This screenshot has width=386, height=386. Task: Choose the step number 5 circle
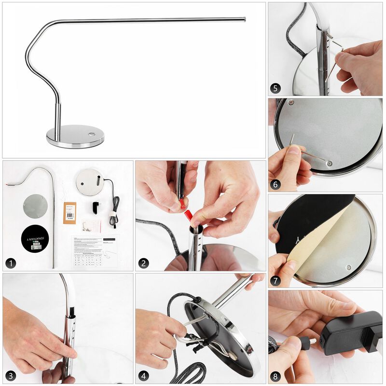point(276,88)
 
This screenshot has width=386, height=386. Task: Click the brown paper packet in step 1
point(70,212)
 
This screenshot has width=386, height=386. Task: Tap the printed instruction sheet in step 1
point(94,251)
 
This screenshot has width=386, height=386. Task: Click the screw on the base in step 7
point(349,267)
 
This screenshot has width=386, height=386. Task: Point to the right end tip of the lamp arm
point(244,19)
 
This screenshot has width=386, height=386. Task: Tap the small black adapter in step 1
point(96,207)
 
